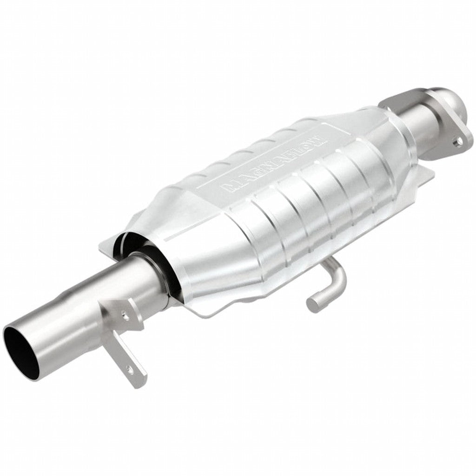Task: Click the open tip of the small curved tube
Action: click(x=312, y=304)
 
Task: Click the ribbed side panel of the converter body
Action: click(x=316, y=200)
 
